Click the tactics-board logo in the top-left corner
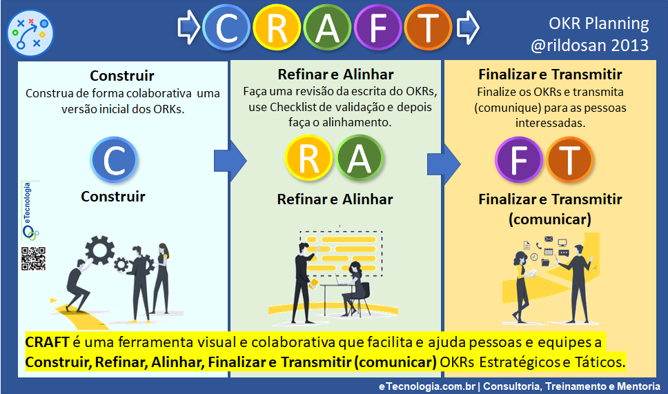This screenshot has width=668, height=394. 30,33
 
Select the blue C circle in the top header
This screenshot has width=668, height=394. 226,28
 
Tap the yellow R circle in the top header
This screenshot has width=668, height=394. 277,28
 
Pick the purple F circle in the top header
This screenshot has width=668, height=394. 378,28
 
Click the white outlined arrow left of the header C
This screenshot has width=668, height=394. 188,28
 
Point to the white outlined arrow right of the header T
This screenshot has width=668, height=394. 468,28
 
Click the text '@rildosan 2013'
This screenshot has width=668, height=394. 589,45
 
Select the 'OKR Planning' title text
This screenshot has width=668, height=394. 598,23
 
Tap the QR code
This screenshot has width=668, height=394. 33,259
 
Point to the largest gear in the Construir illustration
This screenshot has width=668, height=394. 99,250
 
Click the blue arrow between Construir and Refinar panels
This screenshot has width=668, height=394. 230,161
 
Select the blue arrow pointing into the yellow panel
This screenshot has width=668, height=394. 444,164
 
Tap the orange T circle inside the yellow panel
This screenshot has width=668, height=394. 569,159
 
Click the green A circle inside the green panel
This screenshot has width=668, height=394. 360,159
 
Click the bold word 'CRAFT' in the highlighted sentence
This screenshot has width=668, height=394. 47,342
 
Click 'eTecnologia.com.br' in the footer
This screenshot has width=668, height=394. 427,386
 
